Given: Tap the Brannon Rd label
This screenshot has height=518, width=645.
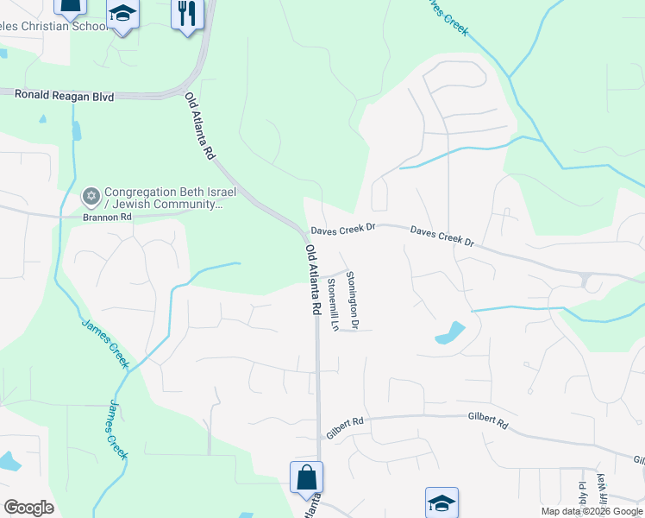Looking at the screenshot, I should [x=107, y=217].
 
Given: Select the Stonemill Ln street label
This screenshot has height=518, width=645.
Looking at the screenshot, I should [x=332, y=301].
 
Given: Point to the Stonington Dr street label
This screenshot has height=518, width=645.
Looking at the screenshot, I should [x=352, y=299].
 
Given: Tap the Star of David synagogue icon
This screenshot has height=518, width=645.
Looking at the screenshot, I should [x=91, y=197].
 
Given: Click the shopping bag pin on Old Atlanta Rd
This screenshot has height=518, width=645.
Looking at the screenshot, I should [x=306, y=477].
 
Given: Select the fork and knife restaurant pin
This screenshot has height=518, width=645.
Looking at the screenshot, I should [x=185, y=14].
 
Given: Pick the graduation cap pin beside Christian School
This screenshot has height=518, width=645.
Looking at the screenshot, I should [x=122, y=15].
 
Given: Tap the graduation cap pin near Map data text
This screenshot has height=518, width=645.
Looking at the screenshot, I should [x=441, y=502].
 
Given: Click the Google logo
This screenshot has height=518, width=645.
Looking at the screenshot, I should [x=28, y=508].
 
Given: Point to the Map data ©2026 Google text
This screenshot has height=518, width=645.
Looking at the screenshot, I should [x=591, y=511].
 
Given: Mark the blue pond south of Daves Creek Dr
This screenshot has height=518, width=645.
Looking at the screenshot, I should [x=450, y=332].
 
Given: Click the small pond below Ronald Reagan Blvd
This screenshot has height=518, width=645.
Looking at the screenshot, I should [x=77, y=130].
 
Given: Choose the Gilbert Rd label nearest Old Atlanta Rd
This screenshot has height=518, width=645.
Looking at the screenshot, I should [x=345, y=422].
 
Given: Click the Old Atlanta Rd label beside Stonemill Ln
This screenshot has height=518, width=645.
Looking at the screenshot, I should [x=314, y=279].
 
